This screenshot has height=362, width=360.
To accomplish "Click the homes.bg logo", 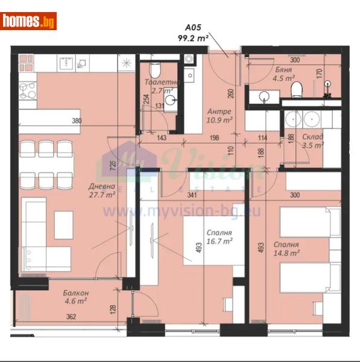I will coord(28,21).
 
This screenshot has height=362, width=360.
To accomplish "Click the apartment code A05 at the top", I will coord(191,27).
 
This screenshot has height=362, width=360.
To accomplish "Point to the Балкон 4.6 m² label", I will coord(77,297).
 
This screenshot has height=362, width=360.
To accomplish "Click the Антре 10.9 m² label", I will coord(219,116).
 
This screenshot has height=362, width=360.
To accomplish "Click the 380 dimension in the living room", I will coord(77,121).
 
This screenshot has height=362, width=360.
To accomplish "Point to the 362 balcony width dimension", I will coord(71,316).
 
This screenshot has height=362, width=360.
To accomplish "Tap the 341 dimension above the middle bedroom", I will coord(209,195).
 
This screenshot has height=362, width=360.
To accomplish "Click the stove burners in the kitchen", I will coord(28,91).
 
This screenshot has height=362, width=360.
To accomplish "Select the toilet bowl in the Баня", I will coord(296,91).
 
